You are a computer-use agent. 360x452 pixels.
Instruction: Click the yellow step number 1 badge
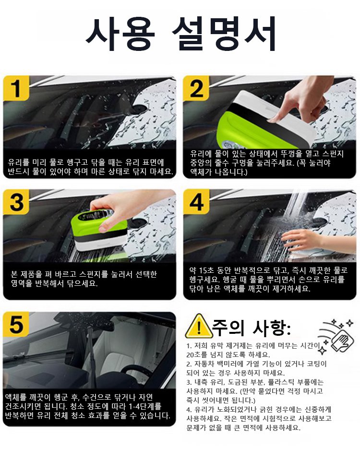coord(16,88)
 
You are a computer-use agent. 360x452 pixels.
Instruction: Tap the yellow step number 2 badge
coord(196,88)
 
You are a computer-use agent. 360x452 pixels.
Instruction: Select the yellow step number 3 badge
coord(16,202)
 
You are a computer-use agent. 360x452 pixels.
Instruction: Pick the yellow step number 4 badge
coord(196,202)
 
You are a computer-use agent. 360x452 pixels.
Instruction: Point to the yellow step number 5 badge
coord(16,324)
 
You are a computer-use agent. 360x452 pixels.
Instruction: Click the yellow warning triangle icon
coord(199,327)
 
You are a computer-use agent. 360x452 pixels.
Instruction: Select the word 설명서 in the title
coord(224,34)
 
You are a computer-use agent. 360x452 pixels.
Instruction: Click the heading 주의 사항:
coord(251,328)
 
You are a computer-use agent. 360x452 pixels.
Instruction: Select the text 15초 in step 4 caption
coord(206,270)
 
